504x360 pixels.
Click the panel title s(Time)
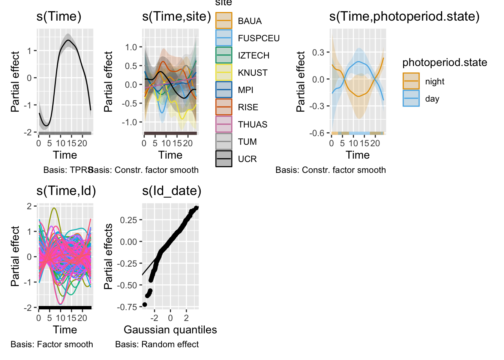point(59,16)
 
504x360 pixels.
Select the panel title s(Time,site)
point(176,16)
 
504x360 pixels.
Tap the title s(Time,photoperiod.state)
point(404,16)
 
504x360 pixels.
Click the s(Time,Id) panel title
point(66,191)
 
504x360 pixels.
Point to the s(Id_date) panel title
point(171,191)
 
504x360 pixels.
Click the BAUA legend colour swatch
point(224,21)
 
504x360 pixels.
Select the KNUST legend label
point(252,73)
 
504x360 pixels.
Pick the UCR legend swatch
point(224,159)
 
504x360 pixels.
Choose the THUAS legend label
point(252,124)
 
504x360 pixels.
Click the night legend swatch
point(411,81)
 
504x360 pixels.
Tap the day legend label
point(432,99)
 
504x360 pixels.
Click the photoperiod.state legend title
point(444,62)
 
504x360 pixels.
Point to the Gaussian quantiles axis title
point(170,330)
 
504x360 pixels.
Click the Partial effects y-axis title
point(108,256)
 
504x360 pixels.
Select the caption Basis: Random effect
point(157,344)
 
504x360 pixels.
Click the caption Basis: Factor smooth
point(52,344)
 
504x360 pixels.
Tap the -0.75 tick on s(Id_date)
point(128,307)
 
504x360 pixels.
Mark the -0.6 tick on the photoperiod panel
point(316,133)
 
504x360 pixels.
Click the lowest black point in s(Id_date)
point(145,304)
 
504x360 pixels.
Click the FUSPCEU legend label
point(258,38)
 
